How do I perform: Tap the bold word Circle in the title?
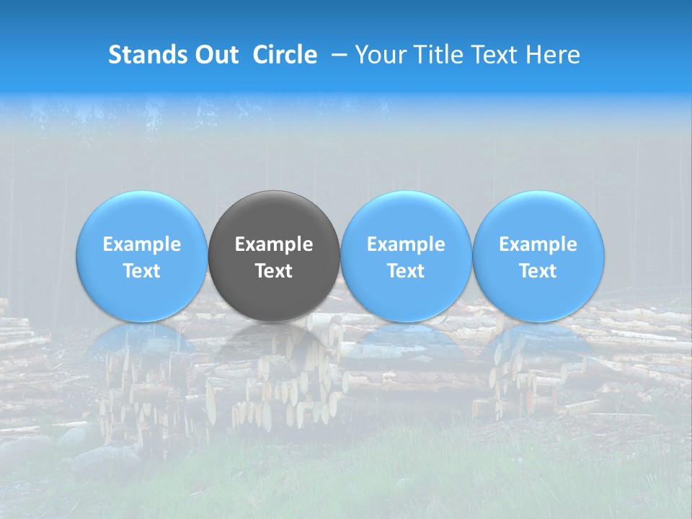pyautogui.click(x=285, y=55)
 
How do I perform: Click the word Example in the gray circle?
pyautogui.click(x=274, y=244)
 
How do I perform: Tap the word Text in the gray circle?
pyautogui.click(x=274, y=271)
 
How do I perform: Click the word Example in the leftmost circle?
pyautogui.click(x=141, y=244)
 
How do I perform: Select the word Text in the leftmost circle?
pyautogui.click(x=141, y=271)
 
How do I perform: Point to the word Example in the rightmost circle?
pyautogui.click(x=538, y=244)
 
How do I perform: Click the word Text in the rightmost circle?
pyautogui.click(x=538, y=271)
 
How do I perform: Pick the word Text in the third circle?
pyautogui.click(x=406, y=271)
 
